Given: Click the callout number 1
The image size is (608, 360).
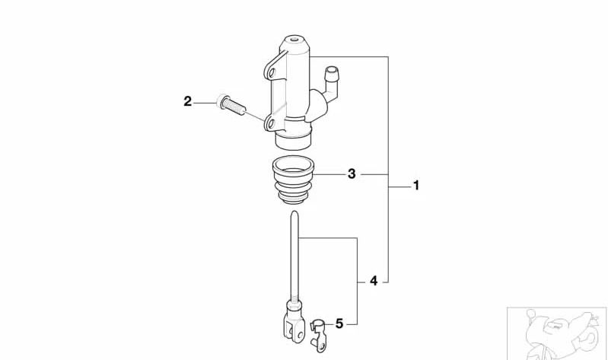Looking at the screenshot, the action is (416, 186).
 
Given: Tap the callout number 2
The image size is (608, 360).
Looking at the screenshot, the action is (188, 102).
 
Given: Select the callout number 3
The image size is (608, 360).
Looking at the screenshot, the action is (352, 174).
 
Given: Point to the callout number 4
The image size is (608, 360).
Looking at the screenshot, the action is (374, 281).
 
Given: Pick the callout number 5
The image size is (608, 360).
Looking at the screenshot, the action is (339, 323).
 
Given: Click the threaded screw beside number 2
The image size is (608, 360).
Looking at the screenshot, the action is (231, 105).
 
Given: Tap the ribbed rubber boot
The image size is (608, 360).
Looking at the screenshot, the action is (294, 180).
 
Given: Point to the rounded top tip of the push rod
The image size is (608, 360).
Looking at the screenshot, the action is (294, 213).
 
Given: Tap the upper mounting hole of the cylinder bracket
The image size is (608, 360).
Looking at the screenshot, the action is (271, 72).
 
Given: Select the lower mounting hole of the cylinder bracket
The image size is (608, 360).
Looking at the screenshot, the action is (271, 124).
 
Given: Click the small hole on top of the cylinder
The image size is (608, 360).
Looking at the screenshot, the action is (294, 39).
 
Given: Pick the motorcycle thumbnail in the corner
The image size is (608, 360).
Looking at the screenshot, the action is (557, 334).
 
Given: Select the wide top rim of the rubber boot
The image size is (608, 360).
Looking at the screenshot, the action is (294, 164).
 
